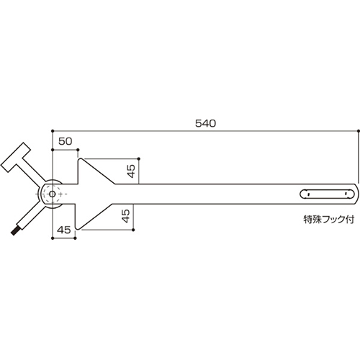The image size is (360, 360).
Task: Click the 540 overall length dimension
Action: [205, 123]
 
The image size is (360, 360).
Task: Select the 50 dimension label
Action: [65, 141]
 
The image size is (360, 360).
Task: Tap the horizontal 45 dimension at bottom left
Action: [64, 230]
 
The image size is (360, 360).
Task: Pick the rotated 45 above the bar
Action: [131, 171]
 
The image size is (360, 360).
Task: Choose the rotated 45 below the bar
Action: [126, 216]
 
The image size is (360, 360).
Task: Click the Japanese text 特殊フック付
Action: [329, 220]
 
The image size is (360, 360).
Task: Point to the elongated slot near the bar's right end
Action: [327, 194]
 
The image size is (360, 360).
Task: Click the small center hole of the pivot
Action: [53, 194]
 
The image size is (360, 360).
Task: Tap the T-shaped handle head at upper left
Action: [16, 157]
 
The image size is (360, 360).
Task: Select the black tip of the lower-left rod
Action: [14, 232]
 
